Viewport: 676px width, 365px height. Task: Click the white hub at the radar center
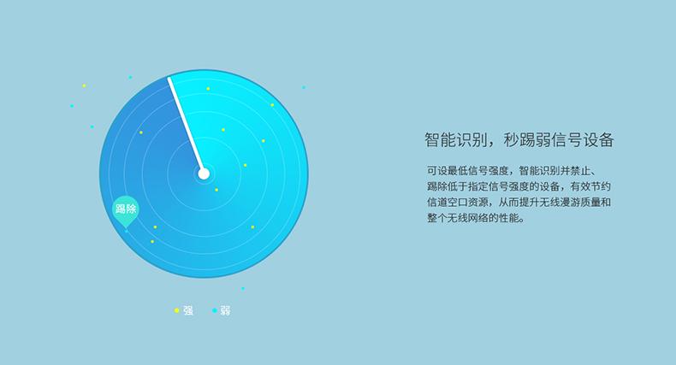[204, 174]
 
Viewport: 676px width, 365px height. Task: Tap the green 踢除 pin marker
[126, 210]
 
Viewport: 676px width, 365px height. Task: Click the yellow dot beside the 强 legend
[177, 310]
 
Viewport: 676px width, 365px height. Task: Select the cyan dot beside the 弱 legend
[214, 310]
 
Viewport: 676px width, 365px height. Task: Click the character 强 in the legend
[188, 311]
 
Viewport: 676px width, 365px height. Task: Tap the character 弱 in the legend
[226, 311]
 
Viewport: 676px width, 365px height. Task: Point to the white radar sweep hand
[186, 126]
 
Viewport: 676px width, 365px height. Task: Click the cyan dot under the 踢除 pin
[127, 232]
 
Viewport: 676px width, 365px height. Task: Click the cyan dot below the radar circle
[243, 288]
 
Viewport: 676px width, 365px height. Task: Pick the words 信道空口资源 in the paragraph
[458, 203]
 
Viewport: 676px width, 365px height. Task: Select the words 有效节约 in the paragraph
[590, 186]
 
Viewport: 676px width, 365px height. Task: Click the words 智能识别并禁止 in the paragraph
[554, 171]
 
